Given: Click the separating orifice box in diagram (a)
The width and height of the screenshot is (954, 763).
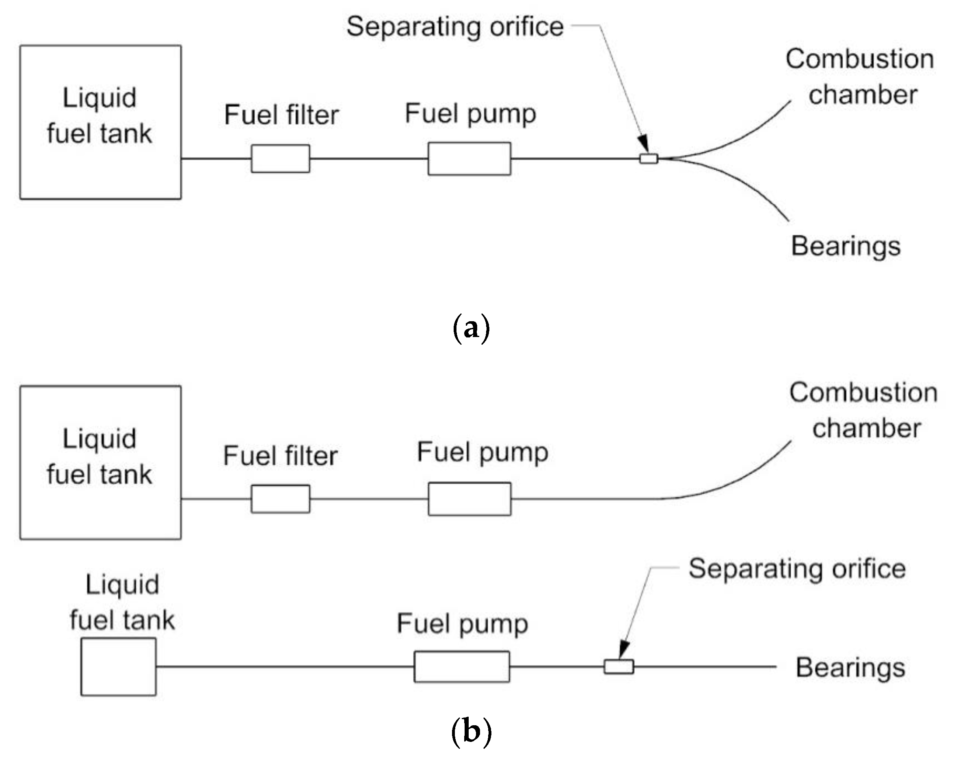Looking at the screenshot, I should click(649, 158).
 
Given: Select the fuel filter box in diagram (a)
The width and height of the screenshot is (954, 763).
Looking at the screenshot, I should click(281, 158).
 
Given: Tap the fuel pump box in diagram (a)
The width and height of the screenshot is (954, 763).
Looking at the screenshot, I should click(469, 158).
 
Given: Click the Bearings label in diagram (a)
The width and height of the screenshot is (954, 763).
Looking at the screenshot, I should click(846, 246).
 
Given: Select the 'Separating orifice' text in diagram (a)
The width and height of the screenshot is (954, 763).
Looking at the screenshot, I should click(455, 26).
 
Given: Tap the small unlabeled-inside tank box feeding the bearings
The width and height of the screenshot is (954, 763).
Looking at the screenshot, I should click(118, 667).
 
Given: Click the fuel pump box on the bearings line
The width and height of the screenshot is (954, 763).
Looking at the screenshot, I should click(461, 667).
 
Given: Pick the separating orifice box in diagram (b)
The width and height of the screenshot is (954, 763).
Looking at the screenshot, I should click(619, 667).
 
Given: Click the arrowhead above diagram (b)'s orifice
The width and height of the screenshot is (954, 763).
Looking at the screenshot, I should click(623, 650).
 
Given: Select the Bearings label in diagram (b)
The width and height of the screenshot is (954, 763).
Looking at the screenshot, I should click(850, 668).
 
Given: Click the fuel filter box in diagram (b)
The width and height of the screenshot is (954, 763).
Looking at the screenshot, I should click(281, 499).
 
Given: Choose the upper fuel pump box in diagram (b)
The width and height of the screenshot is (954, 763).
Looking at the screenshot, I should click(469, 499).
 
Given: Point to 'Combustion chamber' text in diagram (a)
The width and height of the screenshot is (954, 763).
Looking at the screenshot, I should click(860, 77).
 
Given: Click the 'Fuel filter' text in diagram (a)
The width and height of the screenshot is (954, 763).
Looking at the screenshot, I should click(281, 115).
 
